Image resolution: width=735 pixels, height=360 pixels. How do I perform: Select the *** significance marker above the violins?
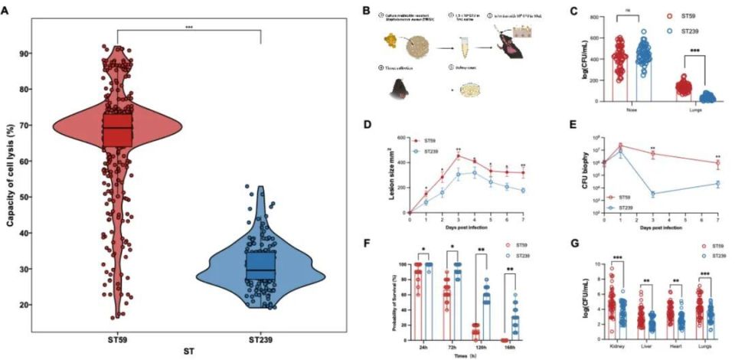click(x=188, y=25)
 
